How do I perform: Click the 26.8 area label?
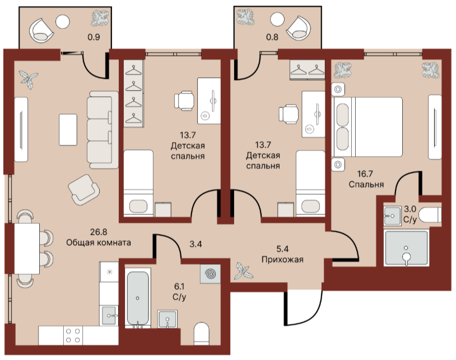point(99,232)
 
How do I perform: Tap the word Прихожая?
point(282,259)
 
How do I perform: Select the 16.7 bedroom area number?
point(365,174)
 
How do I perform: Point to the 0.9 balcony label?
point(94,37)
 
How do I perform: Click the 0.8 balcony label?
point(272,37)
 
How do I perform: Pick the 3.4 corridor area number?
point(196,244)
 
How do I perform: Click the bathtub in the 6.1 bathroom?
point(138,298)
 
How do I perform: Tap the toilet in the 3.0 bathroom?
point(430,216)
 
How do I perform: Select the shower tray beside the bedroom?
point(406,248)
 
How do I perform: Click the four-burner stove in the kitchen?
point(73,335)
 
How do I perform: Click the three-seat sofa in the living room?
point(103,130)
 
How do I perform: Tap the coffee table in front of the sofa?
point(68,129)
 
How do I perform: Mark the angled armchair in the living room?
point(84,189)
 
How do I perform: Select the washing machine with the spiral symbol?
point(210,274)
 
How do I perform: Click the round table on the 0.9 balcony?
point(63,21)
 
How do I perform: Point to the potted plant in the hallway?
point(242,271)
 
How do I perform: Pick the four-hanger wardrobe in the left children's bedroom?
point(133,93)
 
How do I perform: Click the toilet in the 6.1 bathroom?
point(201,334)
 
